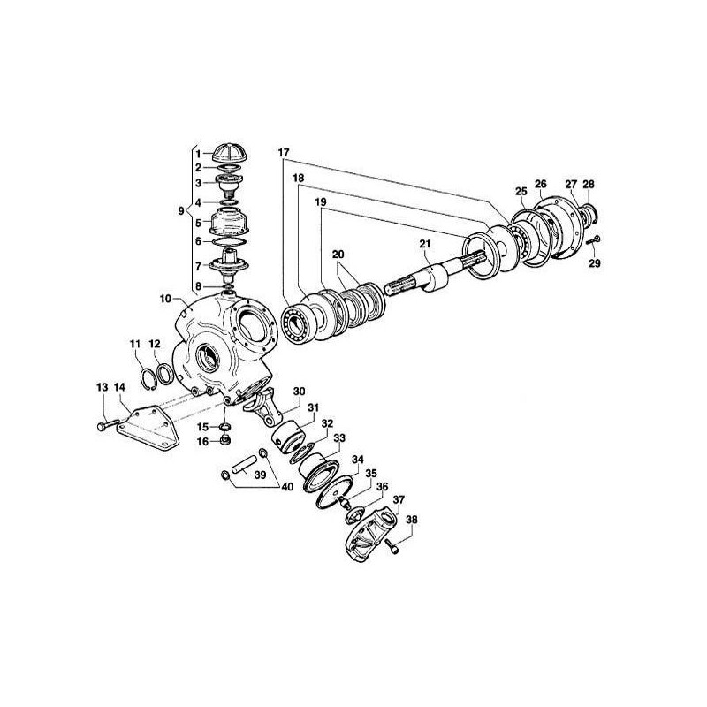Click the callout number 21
coord(425,244)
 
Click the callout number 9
coord(180,211)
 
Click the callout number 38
coord(410,520)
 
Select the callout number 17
coord(284,152)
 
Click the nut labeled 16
coord(225,439)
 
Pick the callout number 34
coord(357,460)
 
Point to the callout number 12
coord(154,344)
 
